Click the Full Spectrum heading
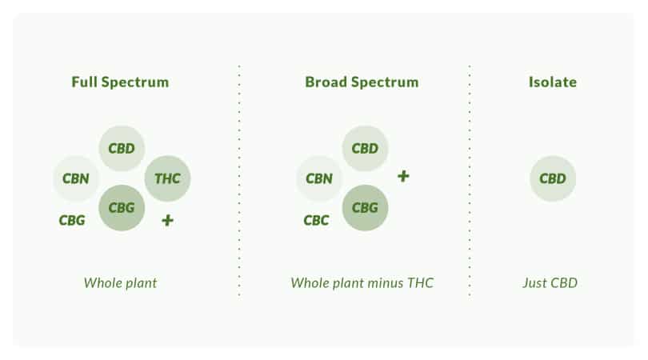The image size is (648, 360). tap(120, 82)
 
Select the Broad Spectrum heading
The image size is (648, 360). tap(362, 82)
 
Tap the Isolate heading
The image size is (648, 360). tap(553, 82)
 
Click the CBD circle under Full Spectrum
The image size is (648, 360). tap(122, 148)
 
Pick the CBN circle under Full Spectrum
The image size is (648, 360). tap(76, 178)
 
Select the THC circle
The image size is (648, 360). tap(167, 178)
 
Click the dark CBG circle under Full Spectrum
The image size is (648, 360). tap(122, 207)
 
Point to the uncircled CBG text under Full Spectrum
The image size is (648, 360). tap(72, 220)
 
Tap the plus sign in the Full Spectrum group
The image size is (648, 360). tap(167, 220)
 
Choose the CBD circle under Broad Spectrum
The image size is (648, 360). tap(365, 148)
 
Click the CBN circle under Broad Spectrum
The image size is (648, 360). tap(319, 178)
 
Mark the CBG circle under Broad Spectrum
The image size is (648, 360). tap(365, 207)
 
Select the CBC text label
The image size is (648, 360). tap(316, 220)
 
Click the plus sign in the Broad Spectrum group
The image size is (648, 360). tap(403, 177)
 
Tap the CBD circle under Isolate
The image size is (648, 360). tap(553, 178)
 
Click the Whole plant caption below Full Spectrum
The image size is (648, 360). tap(120, 283)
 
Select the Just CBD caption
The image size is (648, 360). tap(550, 283)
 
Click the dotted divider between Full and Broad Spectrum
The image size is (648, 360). tap(239, 181)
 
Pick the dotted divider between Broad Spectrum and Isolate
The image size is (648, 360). tap(470, 181)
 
